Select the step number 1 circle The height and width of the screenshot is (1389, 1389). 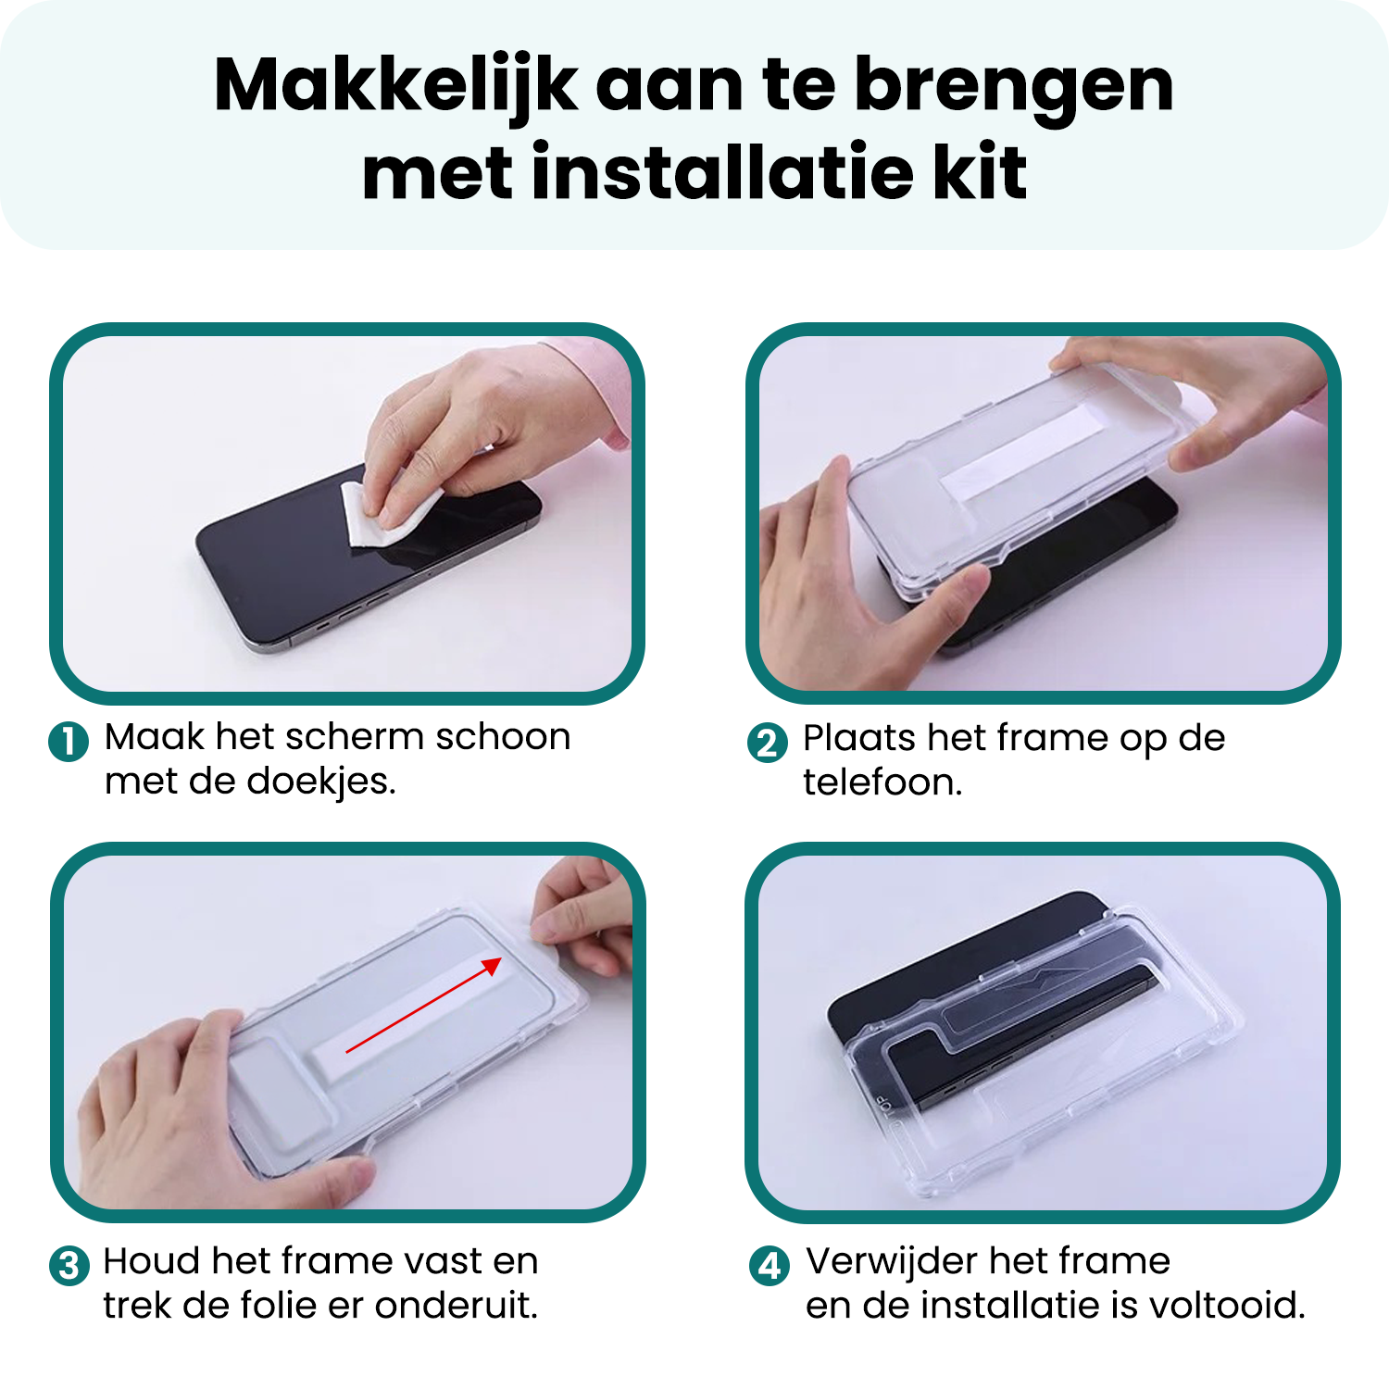pyautogui.click(x=69, y=742)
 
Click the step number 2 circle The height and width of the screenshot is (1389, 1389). pyautogui.click(x=767, y=743)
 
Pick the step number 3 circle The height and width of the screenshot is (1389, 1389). pyautogui.click(x=69, y=1266)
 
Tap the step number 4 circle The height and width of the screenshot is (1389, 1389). pyautogui.click(x=770, y=1266)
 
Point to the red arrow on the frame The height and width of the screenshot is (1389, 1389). pyautogui.click(x=424, y=1005)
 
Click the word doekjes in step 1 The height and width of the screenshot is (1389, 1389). pyautogui.click(x=321, y=782)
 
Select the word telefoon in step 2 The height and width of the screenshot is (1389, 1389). pyautogui.click(x=882, y=782)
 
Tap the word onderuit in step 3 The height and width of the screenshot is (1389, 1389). pyautogui.click(x=456, y=1306)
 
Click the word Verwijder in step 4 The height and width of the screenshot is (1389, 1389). pyautogui.click(x=891, y=1261)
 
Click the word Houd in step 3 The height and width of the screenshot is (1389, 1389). pyautogui.click(x=152, y=1261)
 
